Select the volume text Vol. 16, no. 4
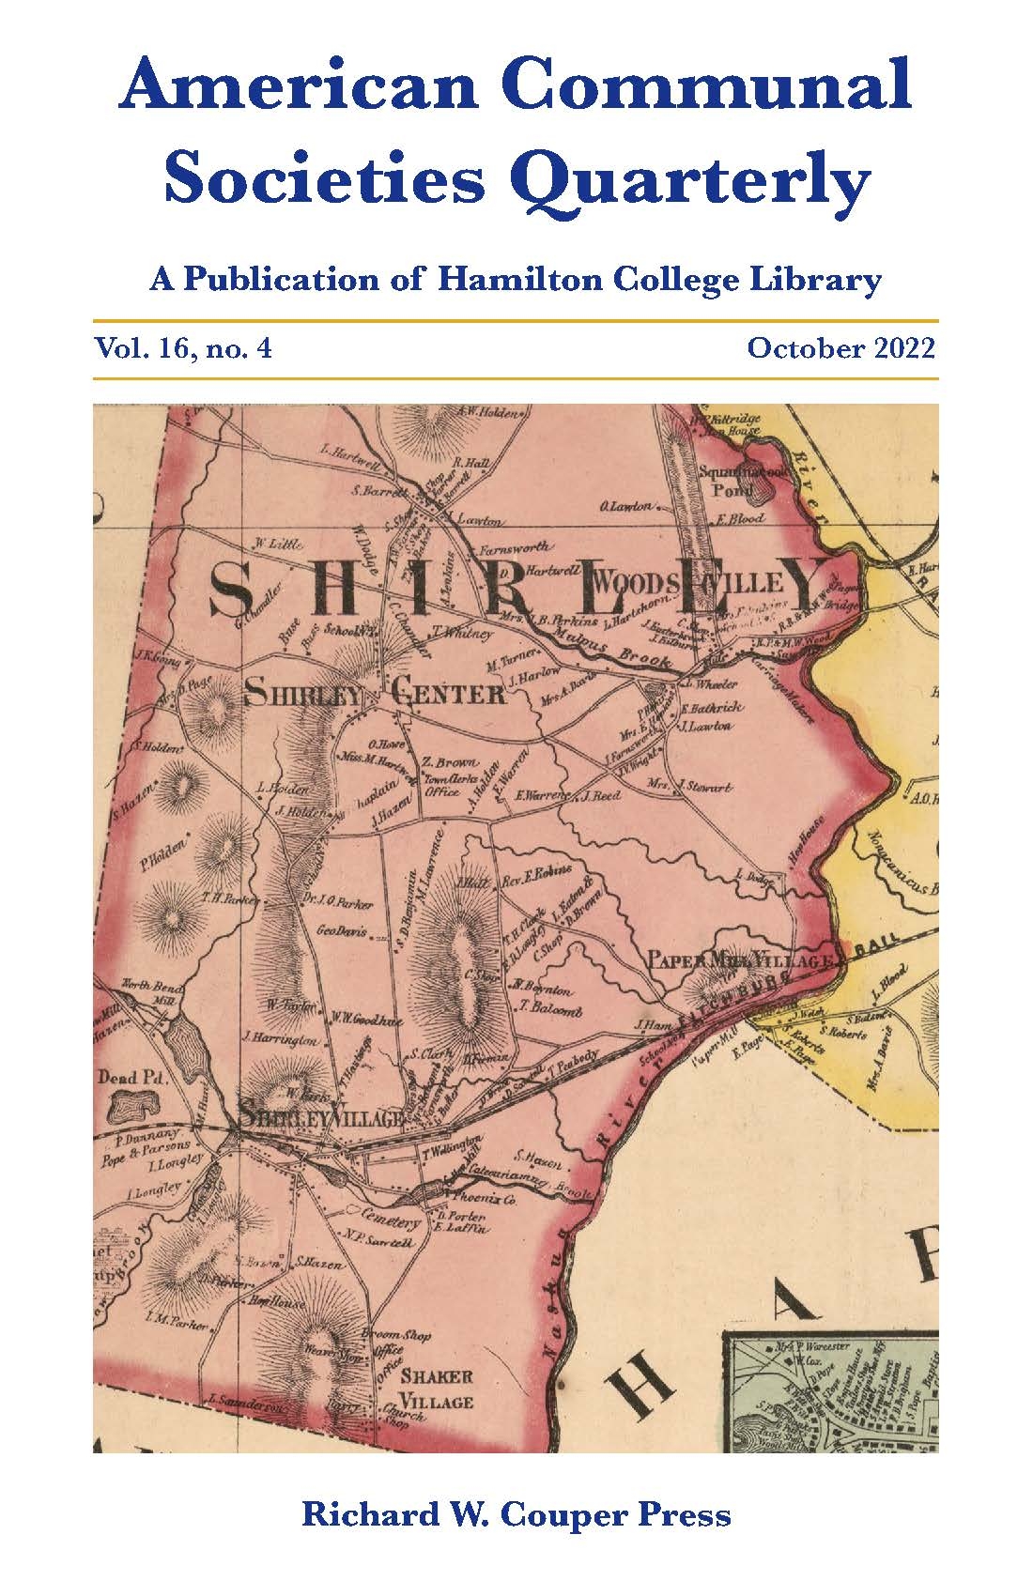pos(182,349)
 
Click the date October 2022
pos(840,349)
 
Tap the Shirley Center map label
pos(374,695)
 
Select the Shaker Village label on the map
pos(438,1389)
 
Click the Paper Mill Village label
pos(741,960)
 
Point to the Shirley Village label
pos(321,1117)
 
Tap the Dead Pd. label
pos(131,1078)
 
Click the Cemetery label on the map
pos(384,1222)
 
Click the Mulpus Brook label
pos(624,652)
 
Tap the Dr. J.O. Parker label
pos(339,903)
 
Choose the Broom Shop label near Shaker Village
pos(402,1335)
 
